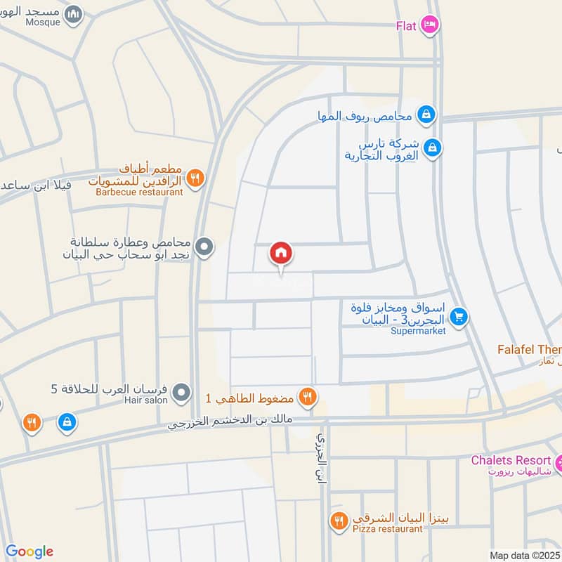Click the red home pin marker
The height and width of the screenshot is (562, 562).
click(x=281, y=254)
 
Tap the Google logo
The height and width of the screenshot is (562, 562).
click(x=30, y=551)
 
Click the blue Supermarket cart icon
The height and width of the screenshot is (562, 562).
click(x=459, y=318)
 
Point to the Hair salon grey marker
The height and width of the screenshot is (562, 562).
click(x=181, y=391)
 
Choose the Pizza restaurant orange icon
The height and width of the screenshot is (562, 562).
click(x=339, y=521)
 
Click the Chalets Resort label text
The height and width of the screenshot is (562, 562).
click(x=511, y=460)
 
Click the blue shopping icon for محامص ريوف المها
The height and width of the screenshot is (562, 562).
click(x=425, y=113)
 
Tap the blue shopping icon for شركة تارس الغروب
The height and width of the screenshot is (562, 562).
click(x=433, y=147)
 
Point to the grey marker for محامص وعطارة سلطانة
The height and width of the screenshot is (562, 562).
click(x=204, y=247)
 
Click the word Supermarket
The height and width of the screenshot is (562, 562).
click(x=418, y=331)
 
